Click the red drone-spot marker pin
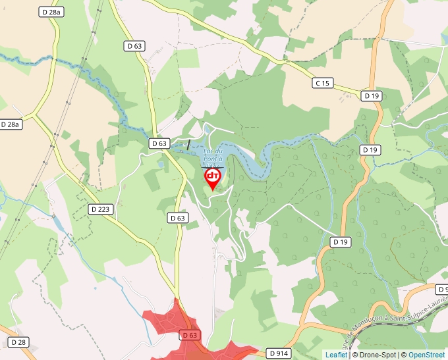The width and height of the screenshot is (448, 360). point(212,178)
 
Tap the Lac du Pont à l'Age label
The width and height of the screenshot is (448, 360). point(214,158)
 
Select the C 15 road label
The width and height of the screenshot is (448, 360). point(323,84)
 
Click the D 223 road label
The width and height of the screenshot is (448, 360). point(100,209)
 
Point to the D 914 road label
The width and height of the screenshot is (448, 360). point(279,353)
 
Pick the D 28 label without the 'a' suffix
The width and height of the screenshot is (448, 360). point(18,342)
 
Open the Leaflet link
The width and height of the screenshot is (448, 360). point(336,355)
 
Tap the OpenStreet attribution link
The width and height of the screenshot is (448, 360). point(428,355)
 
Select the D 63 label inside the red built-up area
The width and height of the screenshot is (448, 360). point(190,335)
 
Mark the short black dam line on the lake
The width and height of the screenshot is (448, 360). point(189,143)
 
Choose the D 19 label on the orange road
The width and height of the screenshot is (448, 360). point(340,242)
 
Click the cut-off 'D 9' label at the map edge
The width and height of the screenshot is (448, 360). point(442,290)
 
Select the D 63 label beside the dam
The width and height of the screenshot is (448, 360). point(159,143)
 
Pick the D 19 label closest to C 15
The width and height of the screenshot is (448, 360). point(372,96)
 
